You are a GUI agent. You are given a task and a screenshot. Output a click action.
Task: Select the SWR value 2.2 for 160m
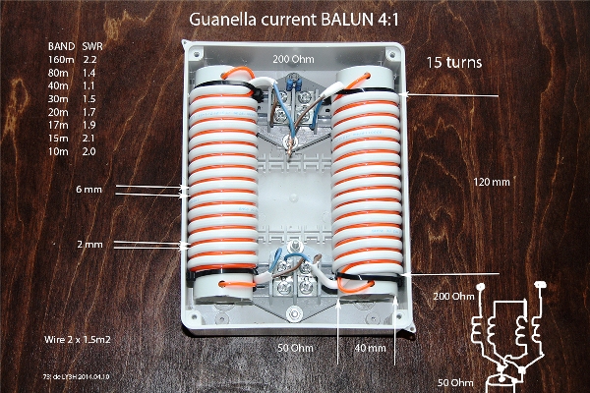pyautogui.click(x=96, y=61)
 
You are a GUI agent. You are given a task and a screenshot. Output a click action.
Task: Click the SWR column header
pyautogui.click(x=96, y=46)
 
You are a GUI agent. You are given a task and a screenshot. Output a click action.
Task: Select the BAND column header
pyautogui.click(x=60, y=46)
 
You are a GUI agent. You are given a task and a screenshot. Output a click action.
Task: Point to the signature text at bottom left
pyautogui.click(x=70, y=376)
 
